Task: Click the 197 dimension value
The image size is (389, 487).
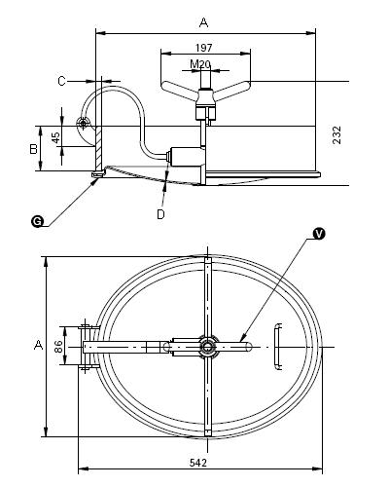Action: tap(203, 48)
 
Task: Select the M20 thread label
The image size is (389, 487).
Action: tap(200, 64)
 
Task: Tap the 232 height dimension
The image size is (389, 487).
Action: tap(337, 135)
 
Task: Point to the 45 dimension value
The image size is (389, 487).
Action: tap(56, 137)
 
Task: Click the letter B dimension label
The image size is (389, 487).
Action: tap(33, 149)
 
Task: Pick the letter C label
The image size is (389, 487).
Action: tap(61, 81)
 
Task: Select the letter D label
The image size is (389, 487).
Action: tap(160, 214)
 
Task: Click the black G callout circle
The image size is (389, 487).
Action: tap(37, 221)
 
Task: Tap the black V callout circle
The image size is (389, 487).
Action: tap(319, 234)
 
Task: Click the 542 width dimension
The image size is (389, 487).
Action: tap(198, 463)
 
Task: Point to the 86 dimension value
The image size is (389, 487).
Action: tap(58, 347)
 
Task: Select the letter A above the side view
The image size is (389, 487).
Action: tap(203, 22)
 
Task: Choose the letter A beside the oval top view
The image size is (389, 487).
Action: tap(39, 345)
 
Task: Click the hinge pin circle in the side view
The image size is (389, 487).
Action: tap(83, 123)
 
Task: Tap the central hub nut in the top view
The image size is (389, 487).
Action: tap(207, 347)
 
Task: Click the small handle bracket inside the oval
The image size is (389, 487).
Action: tap(277, 347)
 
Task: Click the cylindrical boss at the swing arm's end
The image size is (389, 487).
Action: tap(186, 157)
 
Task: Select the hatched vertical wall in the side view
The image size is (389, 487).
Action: tap(99, 149)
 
